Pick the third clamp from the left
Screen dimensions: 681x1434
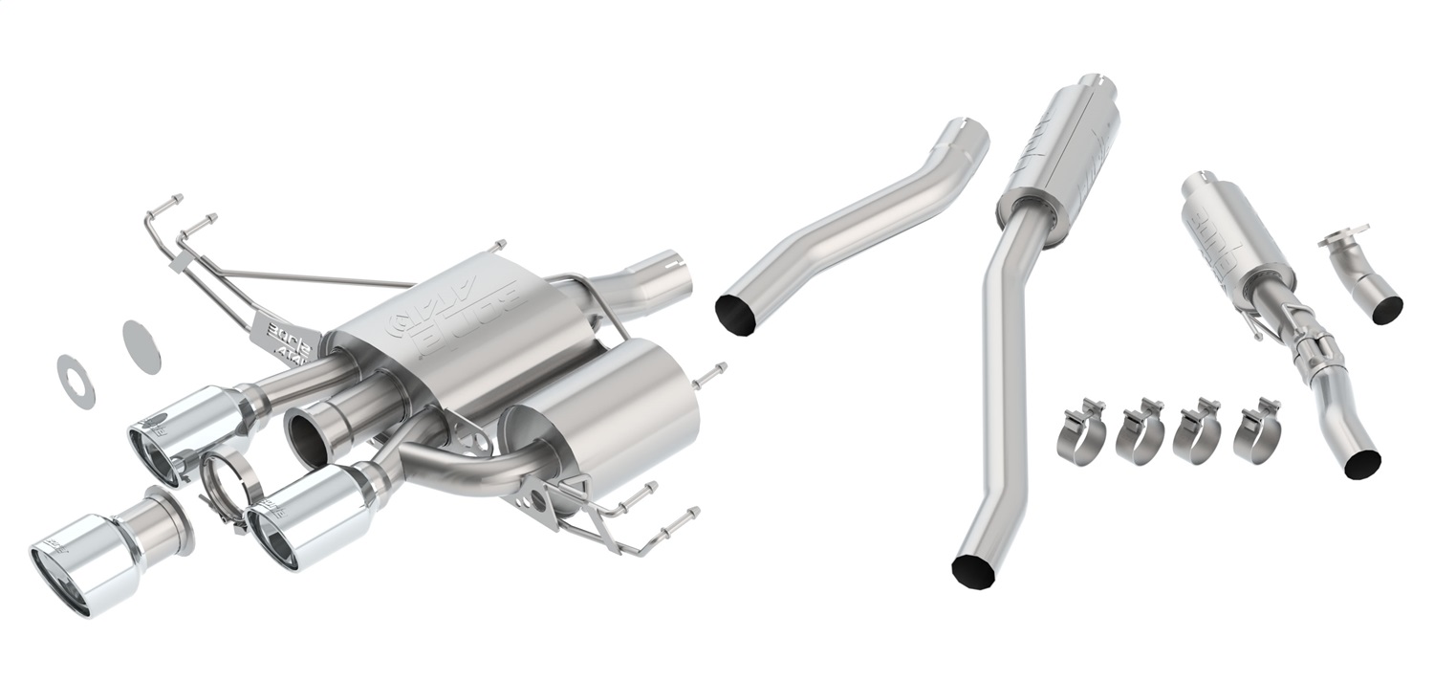pyautogui.click(x=1197, y=432)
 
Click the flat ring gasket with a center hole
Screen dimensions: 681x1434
pyautogui.click(x=76, y=381)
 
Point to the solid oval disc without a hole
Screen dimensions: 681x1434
pyautogui.click(x=141, y=346)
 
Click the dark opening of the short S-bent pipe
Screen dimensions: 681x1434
pyautogui.click(x=737, y=315)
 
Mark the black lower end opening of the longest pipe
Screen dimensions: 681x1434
pyautogui.click(x=973, y=569)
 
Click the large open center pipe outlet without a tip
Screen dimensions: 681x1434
pyautogui.click(x=308, y=435)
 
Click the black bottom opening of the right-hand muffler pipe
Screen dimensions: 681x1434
pyautogui.click(x=1362, y=463)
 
